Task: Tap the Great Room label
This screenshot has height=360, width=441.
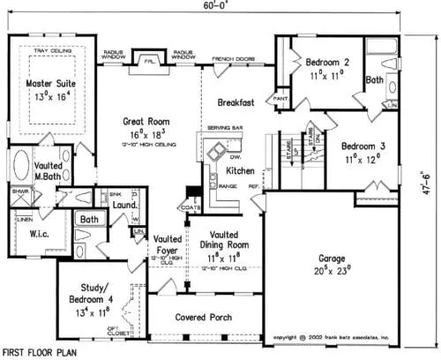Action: pos(146,121)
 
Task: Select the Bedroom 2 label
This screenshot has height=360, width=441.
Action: pos(328,63)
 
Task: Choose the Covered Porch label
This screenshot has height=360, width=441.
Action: pos(203,317)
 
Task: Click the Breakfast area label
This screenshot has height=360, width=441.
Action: pos(236,103)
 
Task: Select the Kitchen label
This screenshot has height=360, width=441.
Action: pos(242,169)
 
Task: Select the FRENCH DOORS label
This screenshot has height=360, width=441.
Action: pos(233,59)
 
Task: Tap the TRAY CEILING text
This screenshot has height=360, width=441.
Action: pos(52,51)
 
